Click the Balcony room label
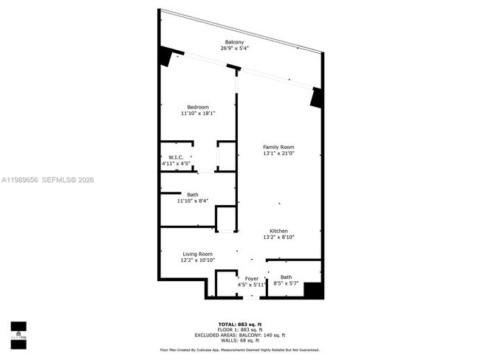pyautogui.click(x=234, y=42)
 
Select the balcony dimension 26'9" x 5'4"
pyautogui.click(x=234, y=49)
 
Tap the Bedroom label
pyautogui.click(x=198, y=107)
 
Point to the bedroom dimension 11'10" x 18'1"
pyautogui.click(x=198, y=114)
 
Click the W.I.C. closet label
pyautogui.click(x=176, y=157)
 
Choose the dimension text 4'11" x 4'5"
pyautogui.click(x=176, y=164)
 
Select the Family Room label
pyautogui.click(x=278, y=148)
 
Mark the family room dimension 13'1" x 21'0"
pyautogui.click(x=278, y=154)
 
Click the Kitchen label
pyautogui.click(x=278, y=231)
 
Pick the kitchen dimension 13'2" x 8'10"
pyautogui.click(x=278, y=238)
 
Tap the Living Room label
pyautogui.click(x=198, y=254)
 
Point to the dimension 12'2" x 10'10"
pyautogui.click(x=198, y=260)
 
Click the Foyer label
pyautogui.click(x=252, y=278)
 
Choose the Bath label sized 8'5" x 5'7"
pyautogui.click(x=286, y=277)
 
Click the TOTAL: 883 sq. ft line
pyautogui.click(x=240, y=324)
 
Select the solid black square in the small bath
pyautogui.click(x=314, y=290)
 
